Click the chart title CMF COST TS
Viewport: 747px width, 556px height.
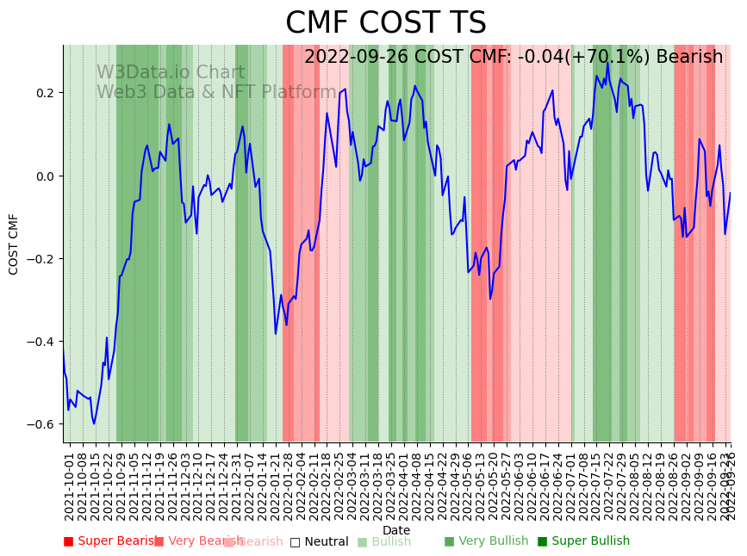click(386, 23)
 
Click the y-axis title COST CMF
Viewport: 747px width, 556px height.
click(14, 244)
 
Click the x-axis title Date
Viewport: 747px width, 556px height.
click(396, 530)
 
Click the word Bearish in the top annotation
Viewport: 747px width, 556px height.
click(689, 57)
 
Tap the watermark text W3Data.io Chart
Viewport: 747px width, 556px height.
click(171, 73)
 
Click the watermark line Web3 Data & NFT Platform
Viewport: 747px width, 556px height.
click(216, 92)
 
